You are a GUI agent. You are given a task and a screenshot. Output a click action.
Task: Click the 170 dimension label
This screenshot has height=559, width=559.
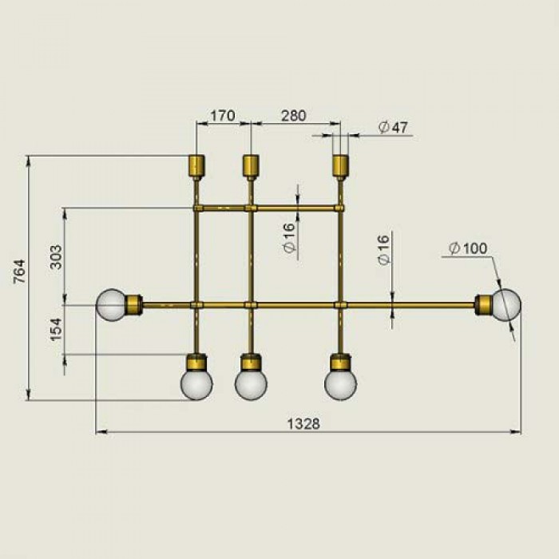(223, 116)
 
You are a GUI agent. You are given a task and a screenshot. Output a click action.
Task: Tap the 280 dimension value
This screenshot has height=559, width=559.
(293, 116)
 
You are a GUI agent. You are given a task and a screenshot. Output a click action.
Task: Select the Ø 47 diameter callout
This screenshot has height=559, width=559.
(393, 127)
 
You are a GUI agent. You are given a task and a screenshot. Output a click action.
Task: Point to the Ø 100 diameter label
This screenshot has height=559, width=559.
(468, 248)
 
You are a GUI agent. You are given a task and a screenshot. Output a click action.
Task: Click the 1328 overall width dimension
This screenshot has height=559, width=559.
(303, 424)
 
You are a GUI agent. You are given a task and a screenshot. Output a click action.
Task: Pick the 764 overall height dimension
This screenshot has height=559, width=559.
(20, 272)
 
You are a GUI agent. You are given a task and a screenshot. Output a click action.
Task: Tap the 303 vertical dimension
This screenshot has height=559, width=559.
(56, 257)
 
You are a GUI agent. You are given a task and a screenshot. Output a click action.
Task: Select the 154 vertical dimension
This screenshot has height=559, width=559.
(56, 329)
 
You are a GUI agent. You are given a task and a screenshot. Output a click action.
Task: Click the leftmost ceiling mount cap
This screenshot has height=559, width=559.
(196, 166)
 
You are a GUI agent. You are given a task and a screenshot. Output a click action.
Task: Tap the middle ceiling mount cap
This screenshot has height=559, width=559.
(251, 166)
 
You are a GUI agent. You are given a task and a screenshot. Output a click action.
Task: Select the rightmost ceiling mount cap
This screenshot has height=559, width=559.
(340, 166)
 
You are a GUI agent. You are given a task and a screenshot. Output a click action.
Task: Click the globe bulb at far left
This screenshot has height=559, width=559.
(112, 305)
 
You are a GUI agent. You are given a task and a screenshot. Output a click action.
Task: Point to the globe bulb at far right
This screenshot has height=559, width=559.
(505, 305)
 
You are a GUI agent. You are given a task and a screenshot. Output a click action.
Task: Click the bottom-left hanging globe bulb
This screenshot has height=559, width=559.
(196, 384)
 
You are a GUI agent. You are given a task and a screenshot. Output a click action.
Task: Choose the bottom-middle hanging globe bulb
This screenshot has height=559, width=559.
(251, 384)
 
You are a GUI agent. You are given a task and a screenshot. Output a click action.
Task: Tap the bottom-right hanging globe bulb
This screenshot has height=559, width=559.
(340, 384)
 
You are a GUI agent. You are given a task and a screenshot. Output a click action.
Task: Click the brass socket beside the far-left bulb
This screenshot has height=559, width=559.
(135, 305)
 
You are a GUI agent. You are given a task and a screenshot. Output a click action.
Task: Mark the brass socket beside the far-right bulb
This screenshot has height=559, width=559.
(483, 305)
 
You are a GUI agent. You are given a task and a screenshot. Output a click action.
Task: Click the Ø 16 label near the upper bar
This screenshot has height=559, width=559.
(289, 238)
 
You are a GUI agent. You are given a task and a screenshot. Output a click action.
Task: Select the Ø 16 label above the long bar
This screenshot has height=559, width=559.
(383, 250)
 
